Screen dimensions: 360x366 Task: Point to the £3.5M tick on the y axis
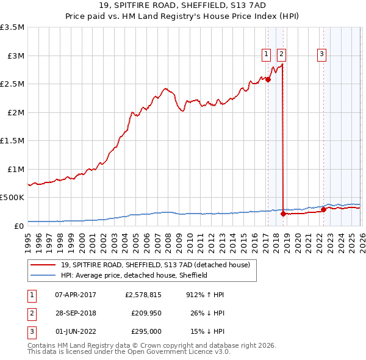(12, 27)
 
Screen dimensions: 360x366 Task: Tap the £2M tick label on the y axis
(15, 112)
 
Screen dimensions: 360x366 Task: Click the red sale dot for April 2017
(268, 79)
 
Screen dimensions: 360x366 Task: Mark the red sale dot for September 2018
(284, 214)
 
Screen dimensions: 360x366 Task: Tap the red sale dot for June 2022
(323, 210)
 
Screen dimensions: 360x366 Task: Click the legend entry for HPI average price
(134, 275)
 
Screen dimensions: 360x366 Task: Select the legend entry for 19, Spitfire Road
(156, 265)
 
